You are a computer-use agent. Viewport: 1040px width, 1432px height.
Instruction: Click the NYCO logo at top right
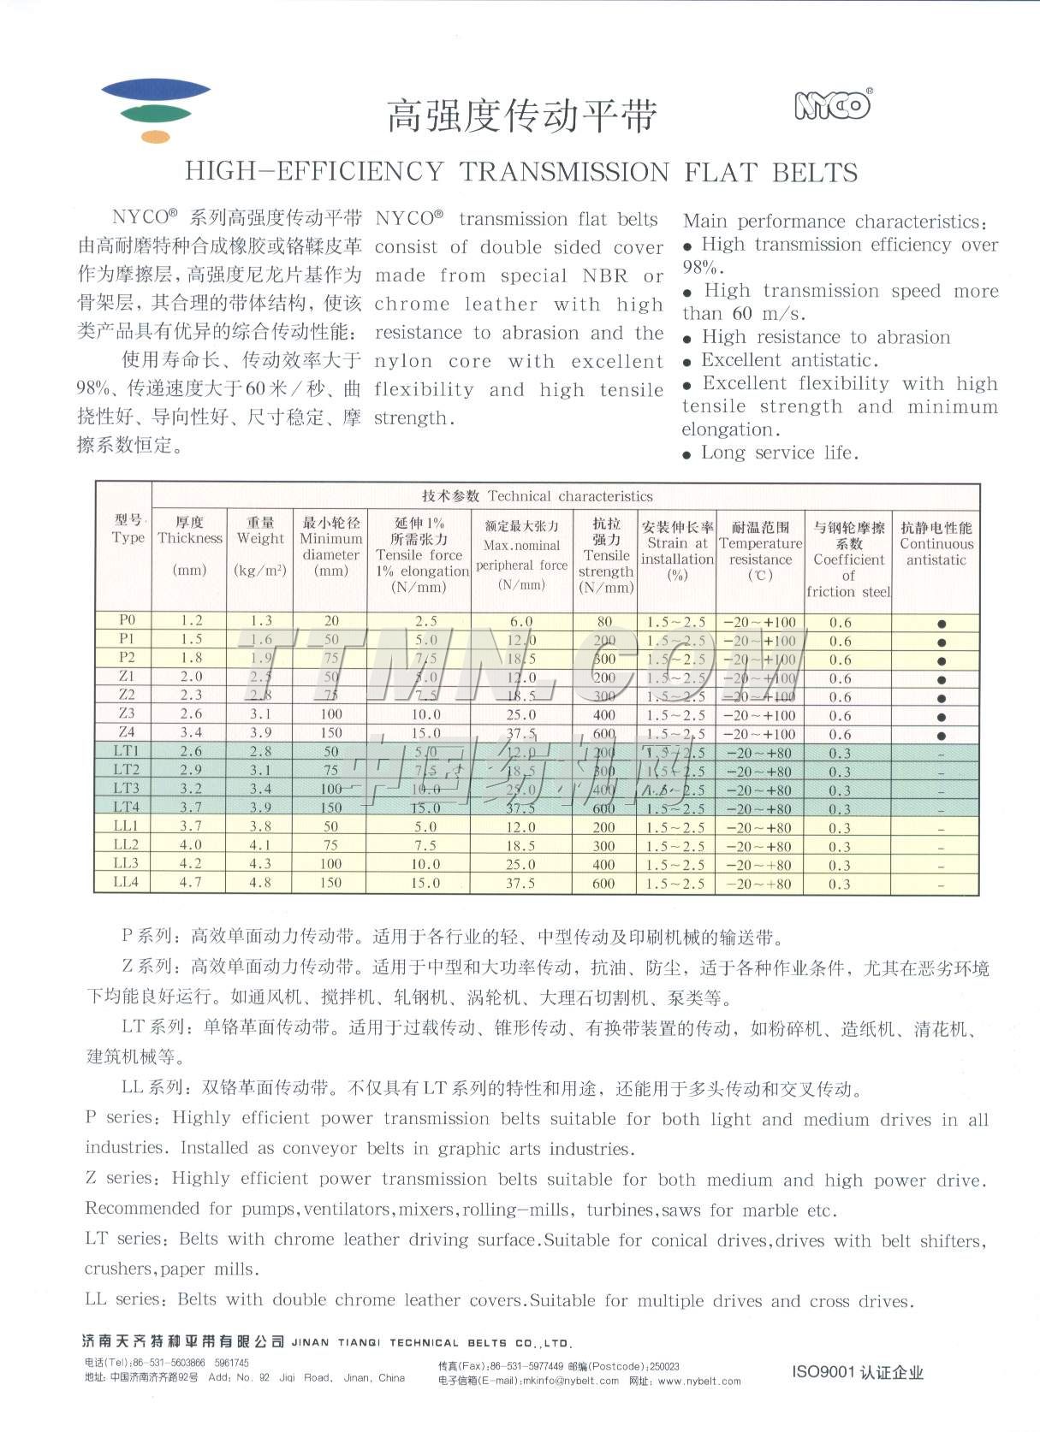832,105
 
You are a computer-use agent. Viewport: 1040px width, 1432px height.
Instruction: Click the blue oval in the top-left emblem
156,89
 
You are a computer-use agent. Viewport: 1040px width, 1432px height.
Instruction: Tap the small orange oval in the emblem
156,136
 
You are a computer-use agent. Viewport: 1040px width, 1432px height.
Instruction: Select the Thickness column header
189,538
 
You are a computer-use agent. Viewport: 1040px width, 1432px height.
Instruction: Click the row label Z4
127,732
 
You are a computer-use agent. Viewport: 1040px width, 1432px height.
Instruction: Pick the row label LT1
126,751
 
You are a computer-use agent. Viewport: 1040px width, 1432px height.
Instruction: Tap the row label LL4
126,882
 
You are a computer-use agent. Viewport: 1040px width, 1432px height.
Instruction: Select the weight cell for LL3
260,864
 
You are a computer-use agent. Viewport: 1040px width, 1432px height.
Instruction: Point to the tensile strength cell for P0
605,622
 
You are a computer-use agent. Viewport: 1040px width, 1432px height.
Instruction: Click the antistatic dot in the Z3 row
942,717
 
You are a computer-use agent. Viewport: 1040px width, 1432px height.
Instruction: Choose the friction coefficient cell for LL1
840,828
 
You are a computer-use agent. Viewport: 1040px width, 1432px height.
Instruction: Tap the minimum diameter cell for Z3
331,714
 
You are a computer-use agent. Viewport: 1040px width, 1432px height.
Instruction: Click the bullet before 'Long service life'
687,455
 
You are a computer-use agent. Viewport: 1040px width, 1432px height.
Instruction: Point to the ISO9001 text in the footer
823,1372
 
